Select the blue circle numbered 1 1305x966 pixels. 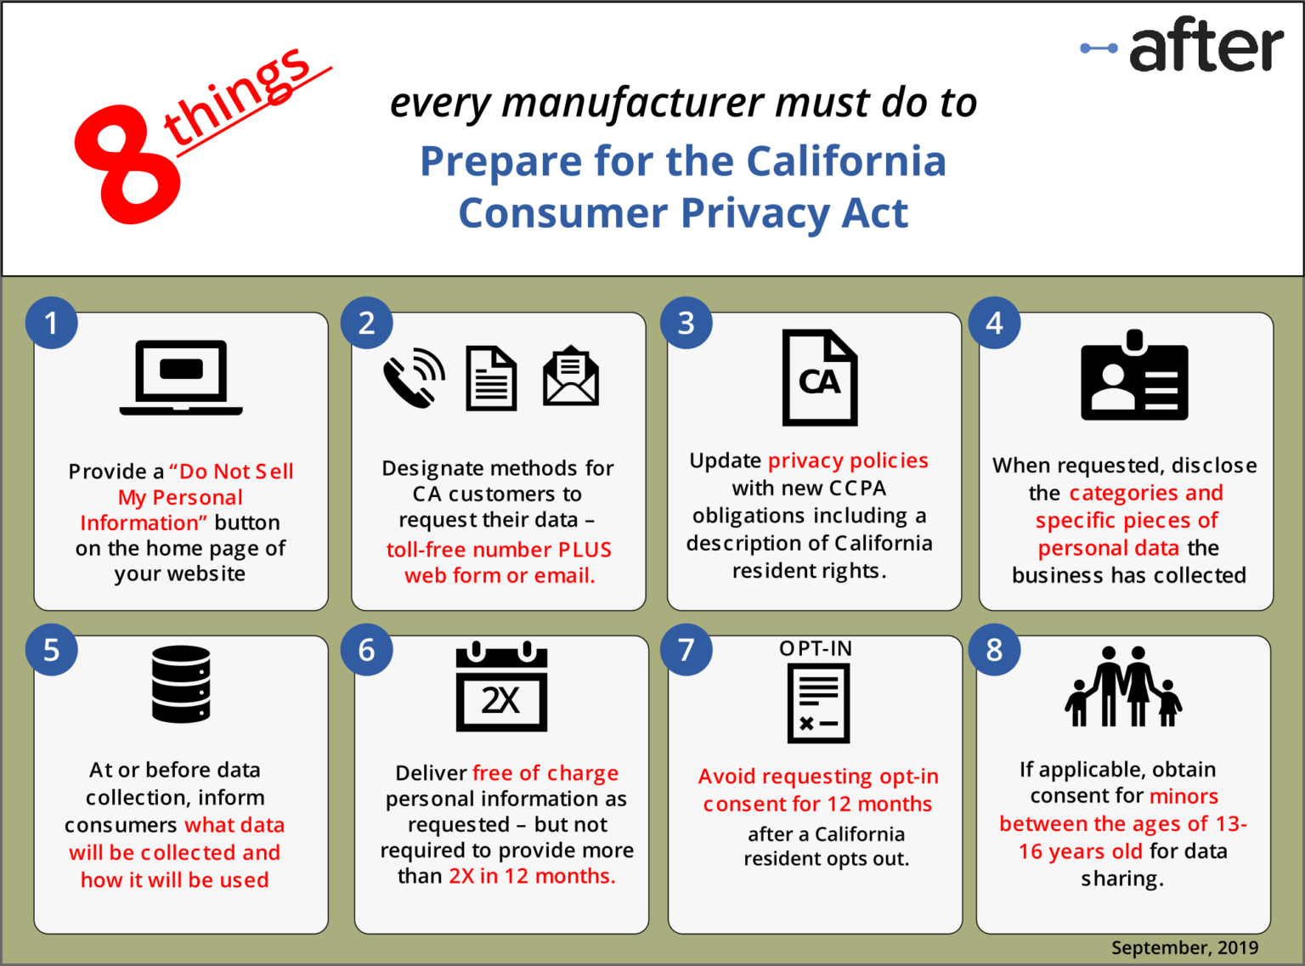click(x=52, y=323)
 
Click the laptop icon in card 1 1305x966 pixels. click(x=181, y=378)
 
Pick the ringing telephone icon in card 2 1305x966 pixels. click(x=414, y=378)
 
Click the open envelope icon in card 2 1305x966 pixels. click(x=571, y=376)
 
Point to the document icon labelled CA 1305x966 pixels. click(x=819, y=378)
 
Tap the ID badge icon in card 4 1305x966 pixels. click(x=1133, y=376)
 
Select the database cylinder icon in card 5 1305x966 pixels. click(x=181, y=684)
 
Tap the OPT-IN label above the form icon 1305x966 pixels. click(x=816, y=648)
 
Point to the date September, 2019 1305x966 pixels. click(x=1184, y=947)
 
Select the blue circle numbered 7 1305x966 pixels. click(x=686, y=650)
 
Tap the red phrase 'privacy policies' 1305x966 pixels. click(x=848, y=460)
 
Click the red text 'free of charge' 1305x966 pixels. click(x=545, y=773)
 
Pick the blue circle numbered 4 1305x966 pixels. click(x=994, y=323)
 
